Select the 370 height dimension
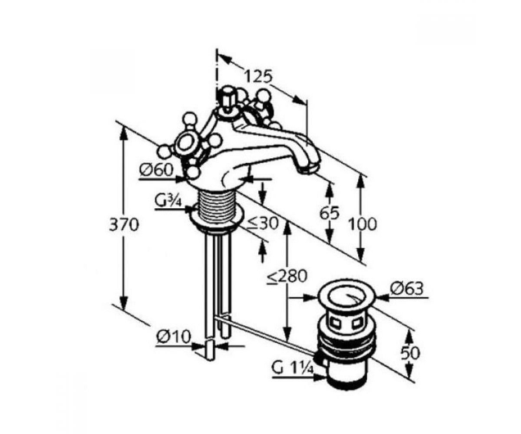pyautogui.click(x=124, y=225)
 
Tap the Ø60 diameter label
pyautogui.click(x=156, y=170)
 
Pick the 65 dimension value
pyautogui.click(x=330, y=213)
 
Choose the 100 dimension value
pyautogui.click(x=363, y=224)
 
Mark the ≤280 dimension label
pyautogui.click(x=286, y=276)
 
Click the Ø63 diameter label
pyautogui.click(x=407, y=289)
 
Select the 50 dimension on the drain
pyautogui.click(x=410, y=353)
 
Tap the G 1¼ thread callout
pyautogui.click(x=292, y=373)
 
